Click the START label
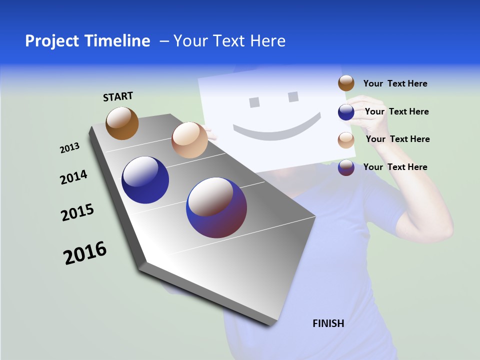[x=118, y=96]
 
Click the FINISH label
[x=328, y=323]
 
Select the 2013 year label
[x=69, y=148]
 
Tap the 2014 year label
[x=73, y=177]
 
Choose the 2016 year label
[x=85, y=253]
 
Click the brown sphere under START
[x=122, y=123]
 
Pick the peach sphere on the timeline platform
[x=189, y=140]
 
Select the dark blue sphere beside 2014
[x=145, y=180]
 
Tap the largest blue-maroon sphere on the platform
[x=216, y=207]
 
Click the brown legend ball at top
[x=346, y=83]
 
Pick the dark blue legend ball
[x=346, y=112]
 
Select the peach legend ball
[x=346, y=140]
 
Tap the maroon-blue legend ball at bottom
[x=346, y=167]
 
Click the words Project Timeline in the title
[x=87, y=41]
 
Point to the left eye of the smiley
[x=254, y=102]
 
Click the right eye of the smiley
[x=293, y=96]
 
